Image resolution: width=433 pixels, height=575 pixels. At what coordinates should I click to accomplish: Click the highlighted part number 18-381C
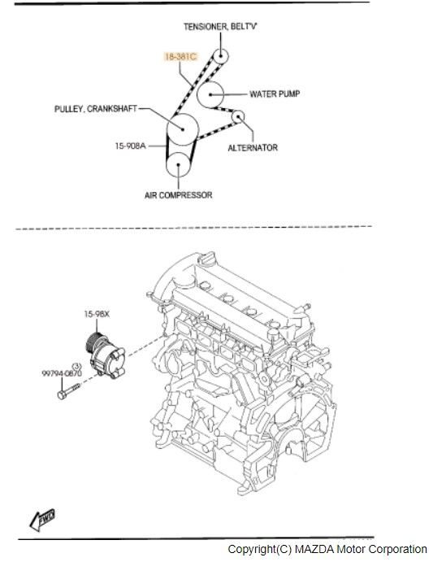pyautogui.click(x=180, y=56)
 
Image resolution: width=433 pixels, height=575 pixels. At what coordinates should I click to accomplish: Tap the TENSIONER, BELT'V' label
pyautogui.click(x=220, y=27)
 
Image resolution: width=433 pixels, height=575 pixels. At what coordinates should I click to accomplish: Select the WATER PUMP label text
pyautogui.click(x=275, y=94)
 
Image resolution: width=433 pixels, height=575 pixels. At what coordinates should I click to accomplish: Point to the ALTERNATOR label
pyautogui.click(x=253, y=147)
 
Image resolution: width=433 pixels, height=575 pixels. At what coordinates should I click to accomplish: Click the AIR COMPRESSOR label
pyautogui.click(x=179, y=195)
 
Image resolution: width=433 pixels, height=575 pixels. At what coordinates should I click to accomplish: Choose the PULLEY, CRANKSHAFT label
pyautogui.click(x=96, y=109)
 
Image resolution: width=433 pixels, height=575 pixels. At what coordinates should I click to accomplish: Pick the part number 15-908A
pyautogui.click(x=130, y=146)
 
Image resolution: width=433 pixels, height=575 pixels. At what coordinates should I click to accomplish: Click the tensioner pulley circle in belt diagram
pyautogui.click(x=221, y=56)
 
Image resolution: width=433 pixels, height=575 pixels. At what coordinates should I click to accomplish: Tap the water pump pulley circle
pyautogui.click(x=210, y=94)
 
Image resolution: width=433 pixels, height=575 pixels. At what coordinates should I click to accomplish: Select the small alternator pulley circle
pyautogui.click(x=238, y=117)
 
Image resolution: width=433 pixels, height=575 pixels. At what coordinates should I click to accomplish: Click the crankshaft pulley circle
pyautogui.click(x=183, y=129)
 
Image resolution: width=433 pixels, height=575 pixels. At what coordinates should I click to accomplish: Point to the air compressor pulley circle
pyautogui.click(x=179, y=164)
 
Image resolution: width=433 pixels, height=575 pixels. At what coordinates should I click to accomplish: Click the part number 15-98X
pyautogui.click(x=97, y=314)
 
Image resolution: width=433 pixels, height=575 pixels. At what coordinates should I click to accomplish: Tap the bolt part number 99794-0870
pyautogui.click(x=62, y=373)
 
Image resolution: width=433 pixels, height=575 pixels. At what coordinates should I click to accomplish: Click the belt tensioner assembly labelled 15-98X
pyautogui.click(x=106, y=354)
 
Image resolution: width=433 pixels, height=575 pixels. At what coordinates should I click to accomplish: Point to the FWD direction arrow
pyautogui.click(x=42, y=519)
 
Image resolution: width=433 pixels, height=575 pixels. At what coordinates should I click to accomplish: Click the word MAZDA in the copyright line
pyautogui.click(x=314, y=549)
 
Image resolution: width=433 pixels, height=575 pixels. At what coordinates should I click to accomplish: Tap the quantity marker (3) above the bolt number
pyautogui.click(x=76, y=366)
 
